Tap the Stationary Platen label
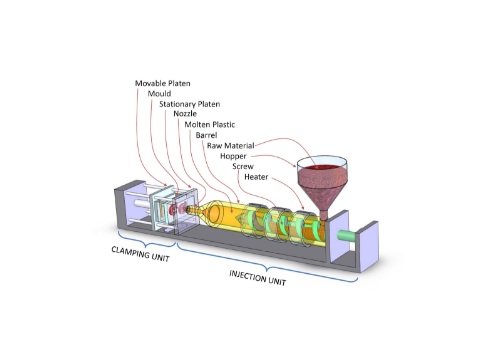[x=190, y=103]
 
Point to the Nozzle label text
[x=185, y=113]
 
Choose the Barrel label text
[x=207, y=134]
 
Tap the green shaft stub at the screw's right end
[x=346, y=236]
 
